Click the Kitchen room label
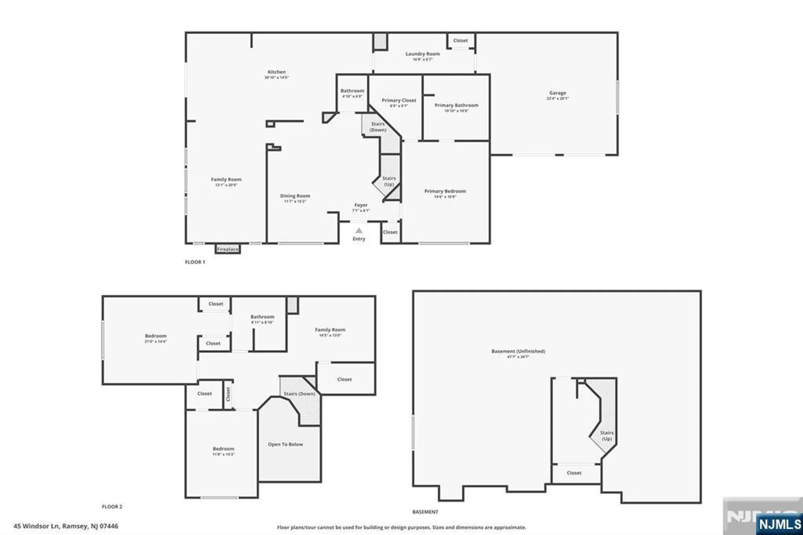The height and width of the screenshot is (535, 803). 277,72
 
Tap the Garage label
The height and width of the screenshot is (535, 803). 557,93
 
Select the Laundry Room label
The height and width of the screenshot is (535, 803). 422,54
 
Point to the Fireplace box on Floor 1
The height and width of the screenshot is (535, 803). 228,249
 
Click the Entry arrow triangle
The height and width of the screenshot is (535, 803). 359,231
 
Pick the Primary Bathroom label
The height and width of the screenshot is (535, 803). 457,106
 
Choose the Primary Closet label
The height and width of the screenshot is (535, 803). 399,101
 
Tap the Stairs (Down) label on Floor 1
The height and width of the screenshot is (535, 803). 378,127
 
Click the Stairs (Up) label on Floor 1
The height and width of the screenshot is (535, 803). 389,181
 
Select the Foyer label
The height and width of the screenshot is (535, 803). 361,205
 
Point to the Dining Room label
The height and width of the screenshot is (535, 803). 295,196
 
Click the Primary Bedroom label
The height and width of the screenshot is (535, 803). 445,192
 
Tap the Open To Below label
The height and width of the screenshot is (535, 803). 285,444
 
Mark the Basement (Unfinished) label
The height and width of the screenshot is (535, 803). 518,351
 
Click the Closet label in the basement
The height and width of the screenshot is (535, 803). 574,473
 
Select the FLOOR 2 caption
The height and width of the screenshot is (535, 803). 112,507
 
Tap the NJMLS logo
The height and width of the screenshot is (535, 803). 780,524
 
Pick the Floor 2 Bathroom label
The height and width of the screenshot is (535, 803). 262,317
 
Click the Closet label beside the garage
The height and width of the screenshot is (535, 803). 460,41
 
